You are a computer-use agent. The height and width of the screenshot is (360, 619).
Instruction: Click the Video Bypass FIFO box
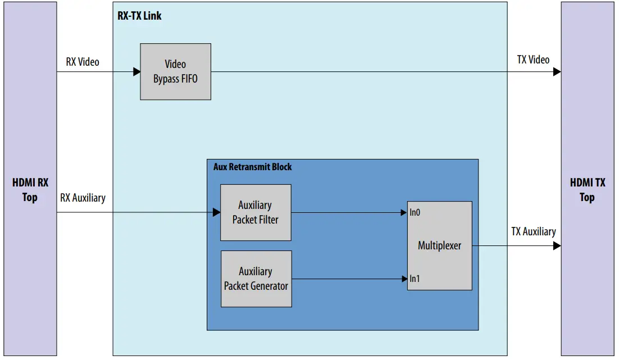click(x=175, y=72)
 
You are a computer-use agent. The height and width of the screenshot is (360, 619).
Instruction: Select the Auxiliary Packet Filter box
click(x=256, y=212)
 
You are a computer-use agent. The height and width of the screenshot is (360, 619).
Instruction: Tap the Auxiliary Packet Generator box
click(x=256, y=279)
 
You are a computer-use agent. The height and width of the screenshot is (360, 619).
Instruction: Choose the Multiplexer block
click(x=439, y=245)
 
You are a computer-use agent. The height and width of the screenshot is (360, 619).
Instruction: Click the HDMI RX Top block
click(x=30, y=190)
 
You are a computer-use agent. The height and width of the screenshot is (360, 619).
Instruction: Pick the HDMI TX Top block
click(x=587, y=190)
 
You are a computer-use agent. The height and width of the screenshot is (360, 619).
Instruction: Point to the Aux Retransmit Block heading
click(x=252, y=167)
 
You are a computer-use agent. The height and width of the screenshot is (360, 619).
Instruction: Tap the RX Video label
click(x=82, y=62)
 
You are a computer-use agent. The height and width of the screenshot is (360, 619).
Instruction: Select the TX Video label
click(x=533, y=60)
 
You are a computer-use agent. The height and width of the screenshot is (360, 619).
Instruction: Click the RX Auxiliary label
click(x=83, y=198)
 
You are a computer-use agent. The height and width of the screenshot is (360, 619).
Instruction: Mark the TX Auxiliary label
click(x=533, y=231)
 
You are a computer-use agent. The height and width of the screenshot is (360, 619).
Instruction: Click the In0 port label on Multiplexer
click(x=415, y=212)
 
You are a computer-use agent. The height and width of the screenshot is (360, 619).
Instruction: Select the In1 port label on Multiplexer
click(x=415, y=279)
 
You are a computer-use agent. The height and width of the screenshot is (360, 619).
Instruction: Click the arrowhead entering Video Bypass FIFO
click(x=136, y=72)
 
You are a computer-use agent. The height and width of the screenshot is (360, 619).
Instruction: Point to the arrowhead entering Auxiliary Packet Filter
click(x=217, y=212)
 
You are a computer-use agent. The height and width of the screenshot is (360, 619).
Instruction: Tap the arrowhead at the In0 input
click(x=404, y=213)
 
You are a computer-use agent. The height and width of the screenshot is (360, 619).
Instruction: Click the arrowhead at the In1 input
click(x=404, y=279)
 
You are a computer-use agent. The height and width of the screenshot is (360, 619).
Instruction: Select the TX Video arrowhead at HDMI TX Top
click(x=557, y=72)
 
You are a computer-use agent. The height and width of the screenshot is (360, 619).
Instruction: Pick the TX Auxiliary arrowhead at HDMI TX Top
click(x=557, y=245)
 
